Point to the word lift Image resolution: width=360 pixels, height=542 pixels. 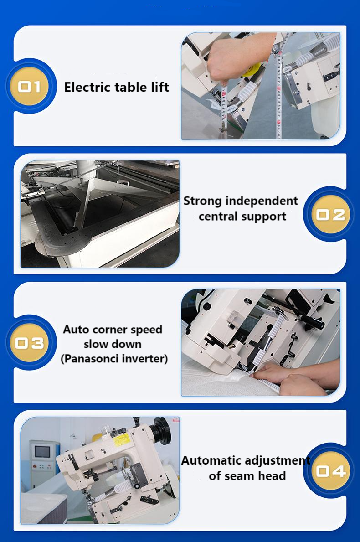point(160,87)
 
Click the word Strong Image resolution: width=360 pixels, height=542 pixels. point(202,201)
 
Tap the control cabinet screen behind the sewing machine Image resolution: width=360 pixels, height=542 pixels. point(42,452)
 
